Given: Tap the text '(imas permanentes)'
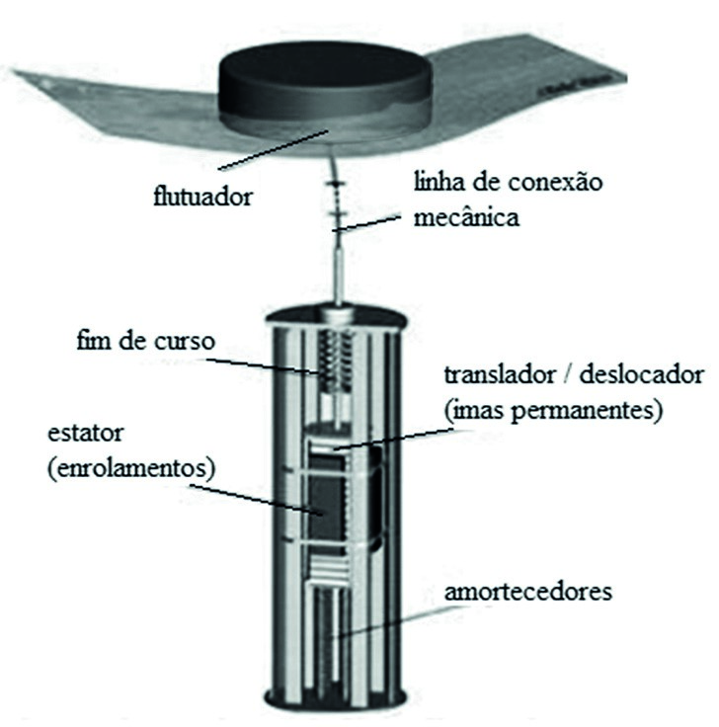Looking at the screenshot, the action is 548,409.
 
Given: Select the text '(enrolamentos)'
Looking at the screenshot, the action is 129,468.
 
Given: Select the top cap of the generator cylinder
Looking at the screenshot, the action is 339,318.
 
